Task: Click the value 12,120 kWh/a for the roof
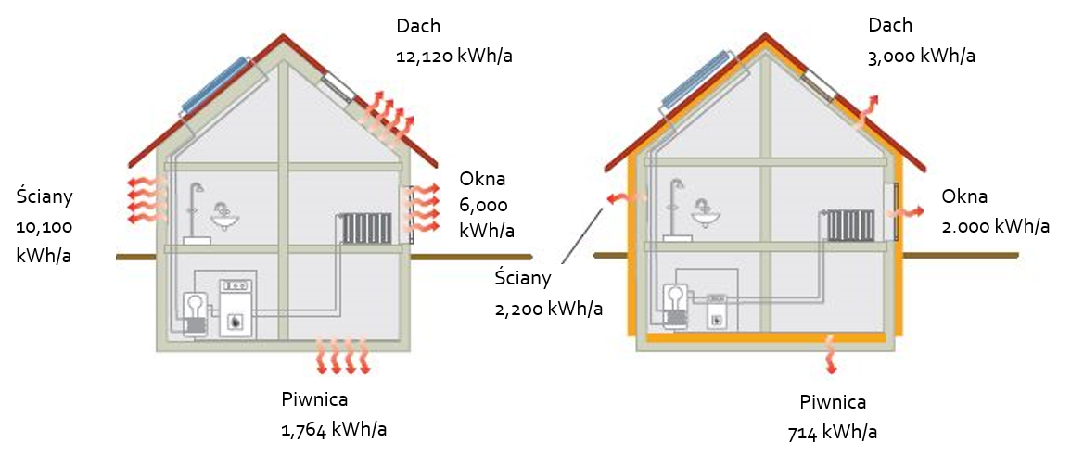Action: pyautogui.click(x=454, y=57)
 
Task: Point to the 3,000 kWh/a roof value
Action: pyautogui.click(x=922, y=57)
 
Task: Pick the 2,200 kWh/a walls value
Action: pyautogui.click(x=549, y=309)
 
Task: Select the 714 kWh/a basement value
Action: pyautogui.click(x=833, y=433)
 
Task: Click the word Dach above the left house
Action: pyautogui.click(x=419, y=26)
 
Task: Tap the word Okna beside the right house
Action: pyautogui.click(x=964, y=197)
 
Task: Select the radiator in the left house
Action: pyautogui.click(x=367, y=228)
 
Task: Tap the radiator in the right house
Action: pyautogui.click(x=850, y=225)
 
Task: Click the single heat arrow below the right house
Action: pyautogui.click(x=831, y=354)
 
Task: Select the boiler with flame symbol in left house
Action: pyautogui.click(x=237, y=309)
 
